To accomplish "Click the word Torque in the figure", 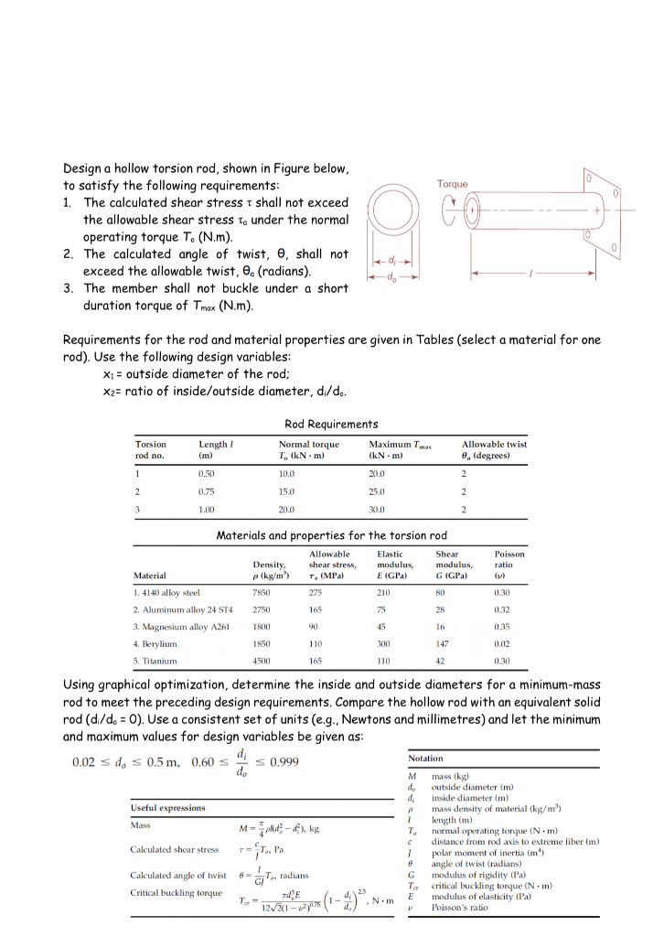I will point(452,184).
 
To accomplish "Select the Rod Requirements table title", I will point(331,424).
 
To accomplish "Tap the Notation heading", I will point(426,759).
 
